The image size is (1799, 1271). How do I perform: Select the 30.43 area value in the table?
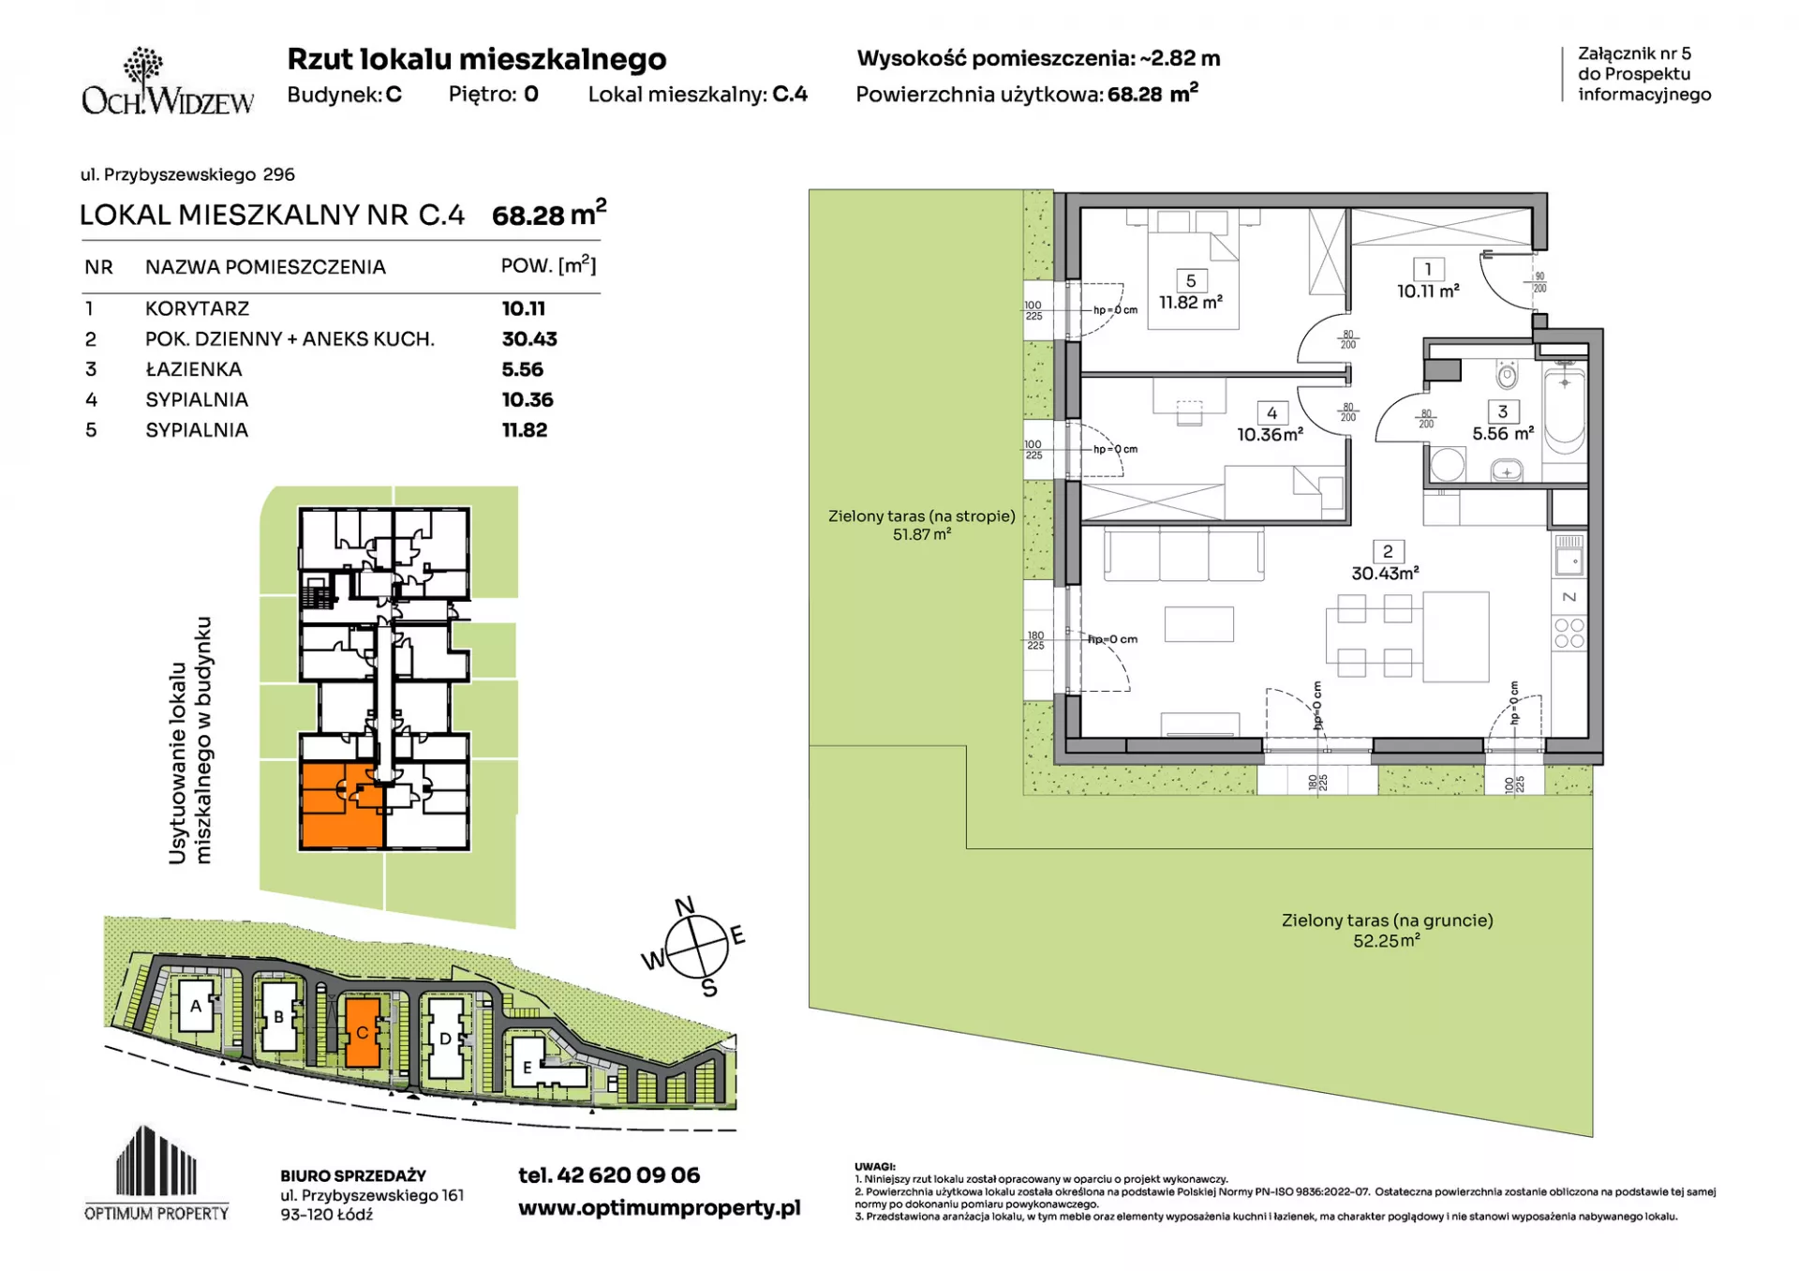[529, 339]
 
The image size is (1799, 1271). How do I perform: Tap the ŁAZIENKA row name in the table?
[194, 369]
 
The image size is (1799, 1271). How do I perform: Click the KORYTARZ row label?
[197, 308]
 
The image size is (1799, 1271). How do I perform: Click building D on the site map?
[445, 1038]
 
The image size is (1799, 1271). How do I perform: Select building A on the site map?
[196, 1006]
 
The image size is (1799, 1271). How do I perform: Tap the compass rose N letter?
[685, 905]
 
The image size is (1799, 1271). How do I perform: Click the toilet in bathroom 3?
[1507, 375]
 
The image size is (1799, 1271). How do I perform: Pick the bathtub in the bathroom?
[1564, 411]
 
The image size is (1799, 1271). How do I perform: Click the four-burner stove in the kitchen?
[1569, 634]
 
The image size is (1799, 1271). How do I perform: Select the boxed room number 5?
[1191, 280]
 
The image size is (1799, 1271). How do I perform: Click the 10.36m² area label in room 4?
[1270, 435]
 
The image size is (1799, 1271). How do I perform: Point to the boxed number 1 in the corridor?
[1428, 269]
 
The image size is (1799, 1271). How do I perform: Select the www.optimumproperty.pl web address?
[660, 1208]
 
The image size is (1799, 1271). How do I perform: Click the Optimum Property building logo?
[156, 1173]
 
